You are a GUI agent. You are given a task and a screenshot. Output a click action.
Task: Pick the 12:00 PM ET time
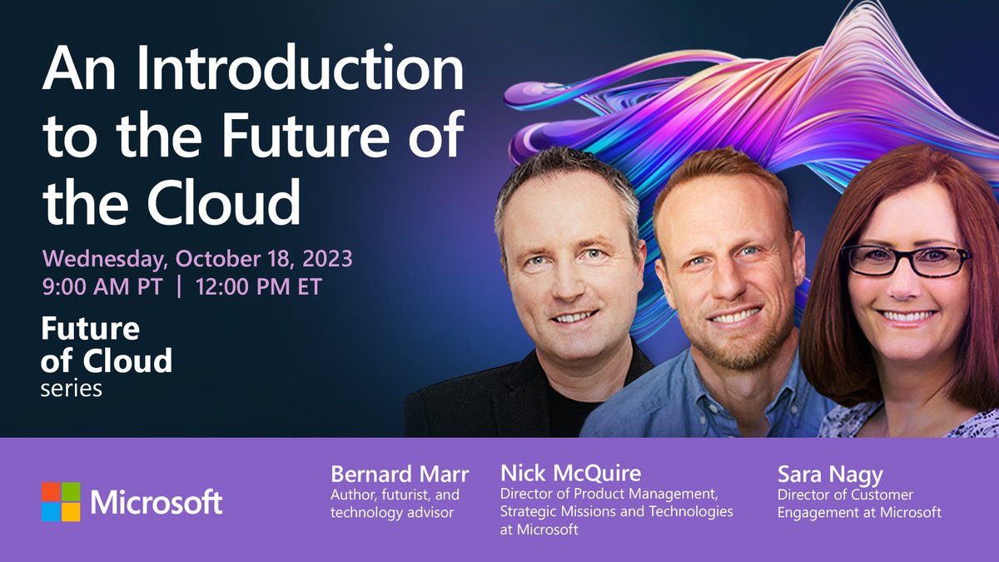click(259, 287)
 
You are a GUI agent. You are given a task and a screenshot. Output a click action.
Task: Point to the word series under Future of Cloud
click(71, 389)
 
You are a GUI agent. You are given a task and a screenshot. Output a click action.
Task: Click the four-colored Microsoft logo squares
click(61, 502)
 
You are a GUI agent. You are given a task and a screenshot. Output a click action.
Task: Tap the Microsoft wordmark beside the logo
click(157, 503)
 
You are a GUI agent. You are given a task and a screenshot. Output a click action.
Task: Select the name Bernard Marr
click(400, 475)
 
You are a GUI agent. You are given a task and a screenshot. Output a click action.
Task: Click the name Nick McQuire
click(571, 474)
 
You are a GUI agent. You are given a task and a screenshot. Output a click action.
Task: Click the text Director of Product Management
click(609, 495)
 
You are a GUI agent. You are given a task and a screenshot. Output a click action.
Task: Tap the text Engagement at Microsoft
click(859, 513)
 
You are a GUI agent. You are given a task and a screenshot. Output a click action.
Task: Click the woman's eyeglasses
click(905, 261)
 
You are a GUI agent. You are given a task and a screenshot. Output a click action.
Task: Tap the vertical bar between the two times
click(179, 287)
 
